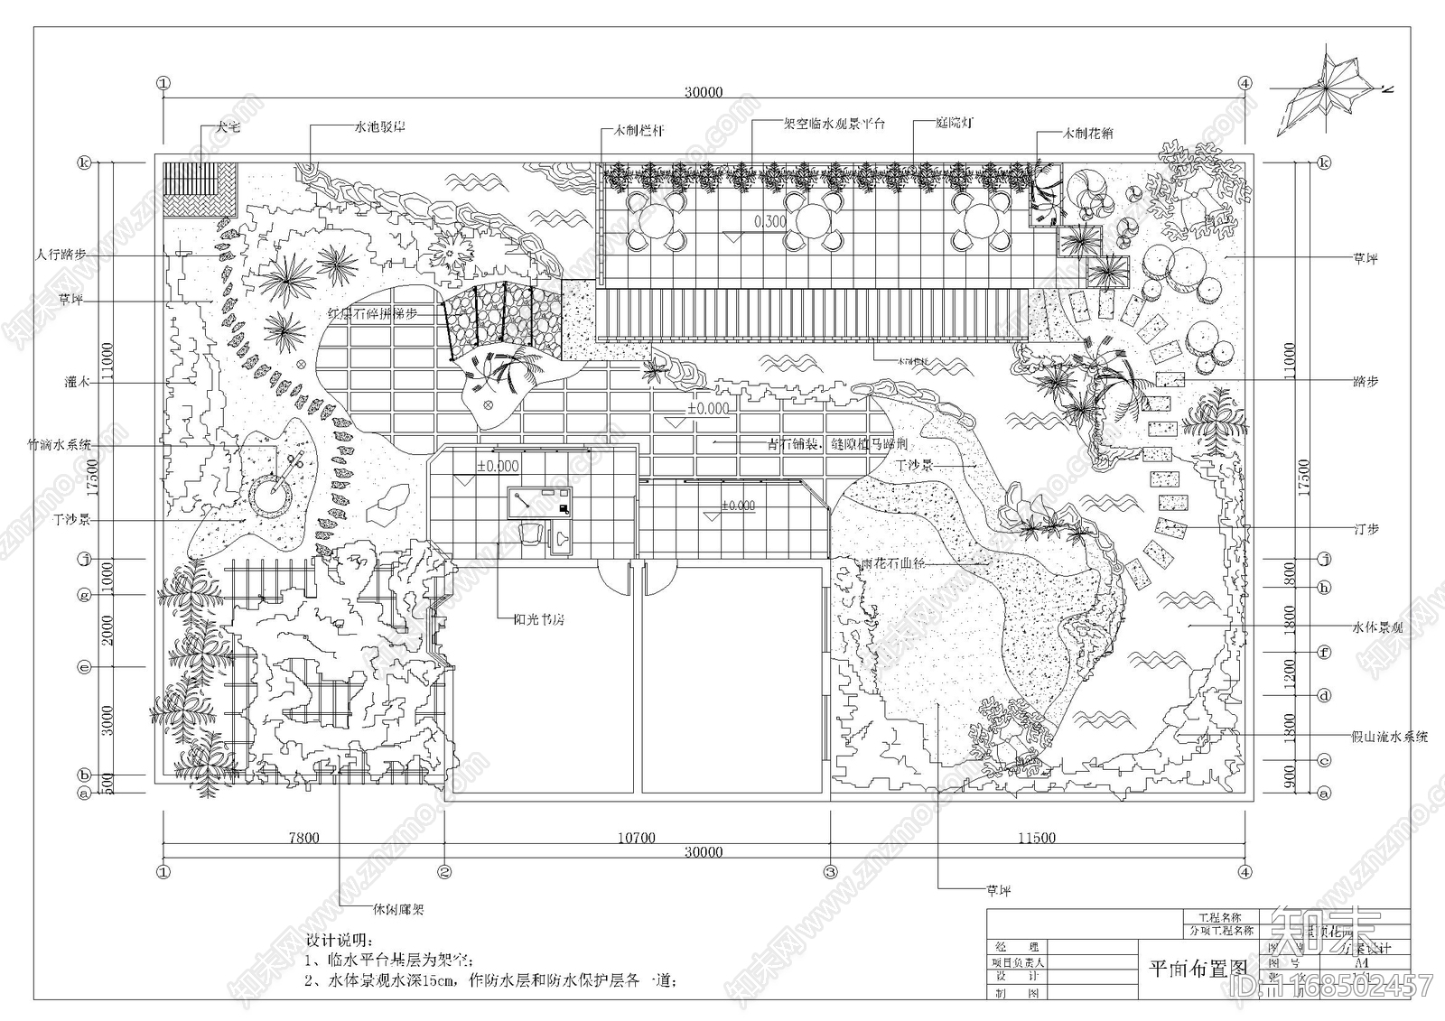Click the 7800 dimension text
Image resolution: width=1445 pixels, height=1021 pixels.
[303, 838]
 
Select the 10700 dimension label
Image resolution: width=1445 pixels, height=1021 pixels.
[636, 838]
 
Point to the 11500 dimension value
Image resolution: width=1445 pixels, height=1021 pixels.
[1036, 838]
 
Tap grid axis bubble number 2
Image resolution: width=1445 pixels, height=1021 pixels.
[444, 872]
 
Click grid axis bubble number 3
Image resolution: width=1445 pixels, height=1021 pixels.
[830, 872]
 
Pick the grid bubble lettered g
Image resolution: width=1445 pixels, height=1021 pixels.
[85, 594]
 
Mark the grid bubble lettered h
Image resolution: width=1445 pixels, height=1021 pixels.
[1324, 588]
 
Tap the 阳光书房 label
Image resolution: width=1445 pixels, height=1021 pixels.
[538, 620]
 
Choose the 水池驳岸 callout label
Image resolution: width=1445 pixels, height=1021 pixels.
[379, 126]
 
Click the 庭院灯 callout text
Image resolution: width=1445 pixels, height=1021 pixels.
[930, 122]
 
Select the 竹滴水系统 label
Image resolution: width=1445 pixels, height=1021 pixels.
[60, 444]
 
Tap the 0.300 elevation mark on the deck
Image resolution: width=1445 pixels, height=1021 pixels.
[770, 221]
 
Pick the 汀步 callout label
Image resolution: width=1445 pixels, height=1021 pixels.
[1366, 529]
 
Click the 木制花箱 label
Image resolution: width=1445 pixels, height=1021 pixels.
[1087, 133]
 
